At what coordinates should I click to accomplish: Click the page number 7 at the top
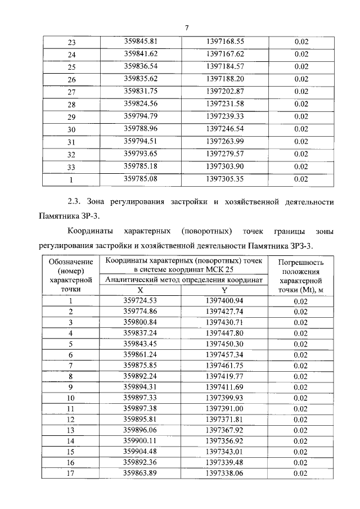(x=186, y=29)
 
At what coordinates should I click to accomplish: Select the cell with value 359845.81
(x=143, y=42)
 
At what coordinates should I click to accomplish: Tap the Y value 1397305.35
(x=225, y=179)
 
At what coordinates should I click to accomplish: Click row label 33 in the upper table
(x=71, y=167)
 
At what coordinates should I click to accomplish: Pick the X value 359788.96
(x=143, y=129)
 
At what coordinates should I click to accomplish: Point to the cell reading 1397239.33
(x=225, y=116)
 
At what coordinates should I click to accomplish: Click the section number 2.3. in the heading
(x=76, y=201)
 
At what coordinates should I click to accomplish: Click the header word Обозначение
(x=71, y=262)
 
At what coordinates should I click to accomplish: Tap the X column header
(x=141, y=290)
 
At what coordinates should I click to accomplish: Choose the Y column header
(x=224, y=290)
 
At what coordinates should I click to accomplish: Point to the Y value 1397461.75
(x=224, y=366)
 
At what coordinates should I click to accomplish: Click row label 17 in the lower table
(x=71, y=473)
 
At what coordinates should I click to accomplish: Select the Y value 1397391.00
(x=224, y=409)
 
